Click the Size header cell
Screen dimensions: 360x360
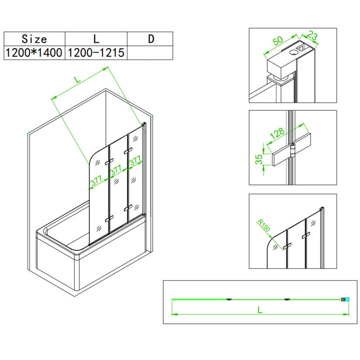pos(35,39)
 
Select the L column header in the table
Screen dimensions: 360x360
pos(96,39)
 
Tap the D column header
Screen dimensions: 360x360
pos(150,39)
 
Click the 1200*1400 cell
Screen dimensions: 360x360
pos(35,53)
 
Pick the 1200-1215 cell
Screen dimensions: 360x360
pos(96,53)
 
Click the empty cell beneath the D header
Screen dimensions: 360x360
pos(150,53)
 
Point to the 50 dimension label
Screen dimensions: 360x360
pos(278,40)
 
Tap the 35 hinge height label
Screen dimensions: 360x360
pos(259,159)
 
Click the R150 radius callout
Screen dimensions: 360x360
pos(264,225)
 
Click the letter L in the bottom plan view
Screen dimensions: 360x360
pos(260,310)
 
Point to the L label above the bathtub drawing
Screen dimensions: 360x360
pos(77,80)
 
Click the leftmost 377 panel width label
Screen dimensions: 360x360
pos(96,181)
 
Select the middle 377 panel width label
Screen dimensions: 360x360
pos(116,170)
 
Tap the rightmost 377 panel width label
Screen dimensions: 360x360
pos(135,161)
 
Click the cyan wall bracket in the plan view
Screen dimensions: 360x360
pos(347,299)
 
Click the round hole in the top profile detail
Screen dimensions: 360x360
pos(293,52)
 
